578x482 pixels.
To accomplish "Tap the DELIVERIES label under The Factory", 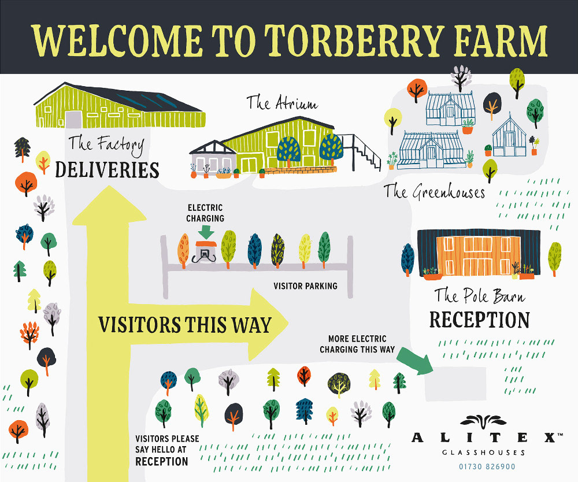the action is point(107,170).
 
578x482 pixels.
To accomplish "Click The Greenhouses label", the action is point(435,191).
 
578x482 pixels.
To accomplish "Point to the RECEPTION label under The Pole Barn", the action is point(479,320).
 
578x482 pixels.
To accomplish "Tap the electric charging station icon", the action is point(205,251).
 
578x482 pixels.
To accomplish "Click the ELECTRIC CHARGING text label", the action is point(205,213).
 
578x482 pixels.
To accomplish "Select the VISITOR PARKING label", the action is point(305,286).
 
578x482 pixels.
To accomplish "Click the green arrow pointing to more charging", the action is point(415,360).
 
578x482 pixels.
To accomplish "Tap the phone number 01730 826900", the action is point(487,466).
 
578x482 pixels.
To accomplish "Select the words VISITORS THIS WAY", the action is point(184,324).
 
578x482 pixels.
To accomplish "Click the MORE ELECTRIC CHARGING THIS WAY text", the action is point(358,344).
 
